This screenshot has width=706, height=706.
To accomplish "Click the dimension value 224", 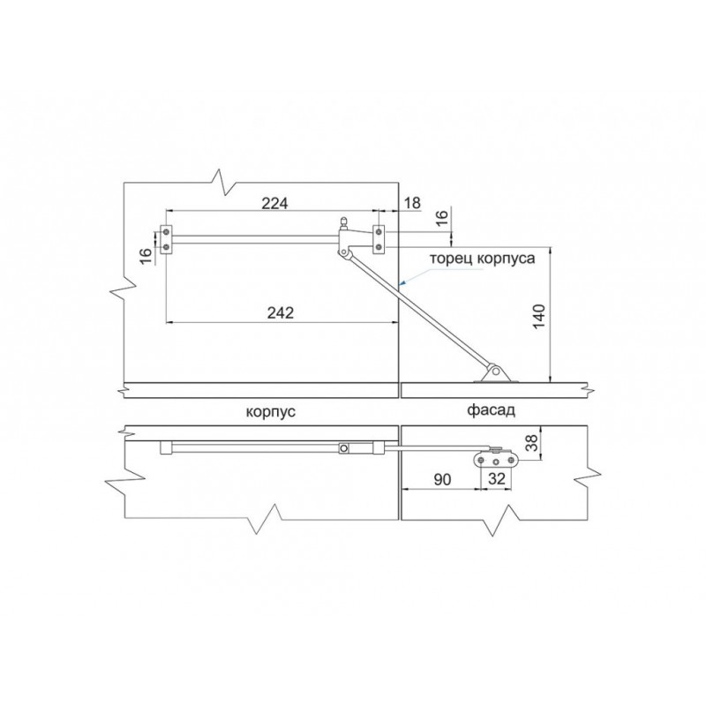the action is (x=274, y=203).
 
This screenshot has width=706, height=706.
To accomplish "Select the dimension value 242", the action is (x=280, y=312).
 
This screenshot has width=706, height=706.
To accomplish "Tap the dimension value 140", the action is (x=539, y=317).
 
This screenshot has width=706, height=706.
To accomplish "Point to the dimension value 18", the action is (x=412, y=203).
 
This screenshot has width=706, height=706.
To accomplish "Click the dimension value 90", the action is (x=442, y=479).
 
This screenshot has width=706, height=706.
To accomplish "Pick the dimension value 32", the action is (x=497, y=478).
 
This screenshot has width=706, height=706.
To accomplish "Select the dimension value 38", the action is (x=532, y=443).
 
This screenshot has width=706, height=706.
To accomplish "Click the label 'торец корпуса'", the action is (x=483, y=259).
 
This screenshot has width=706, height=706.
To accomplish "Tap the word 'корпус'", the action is (x=271, y=412).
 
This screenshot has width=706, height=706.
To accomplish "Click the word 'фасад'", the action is (x=491, y=410).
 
